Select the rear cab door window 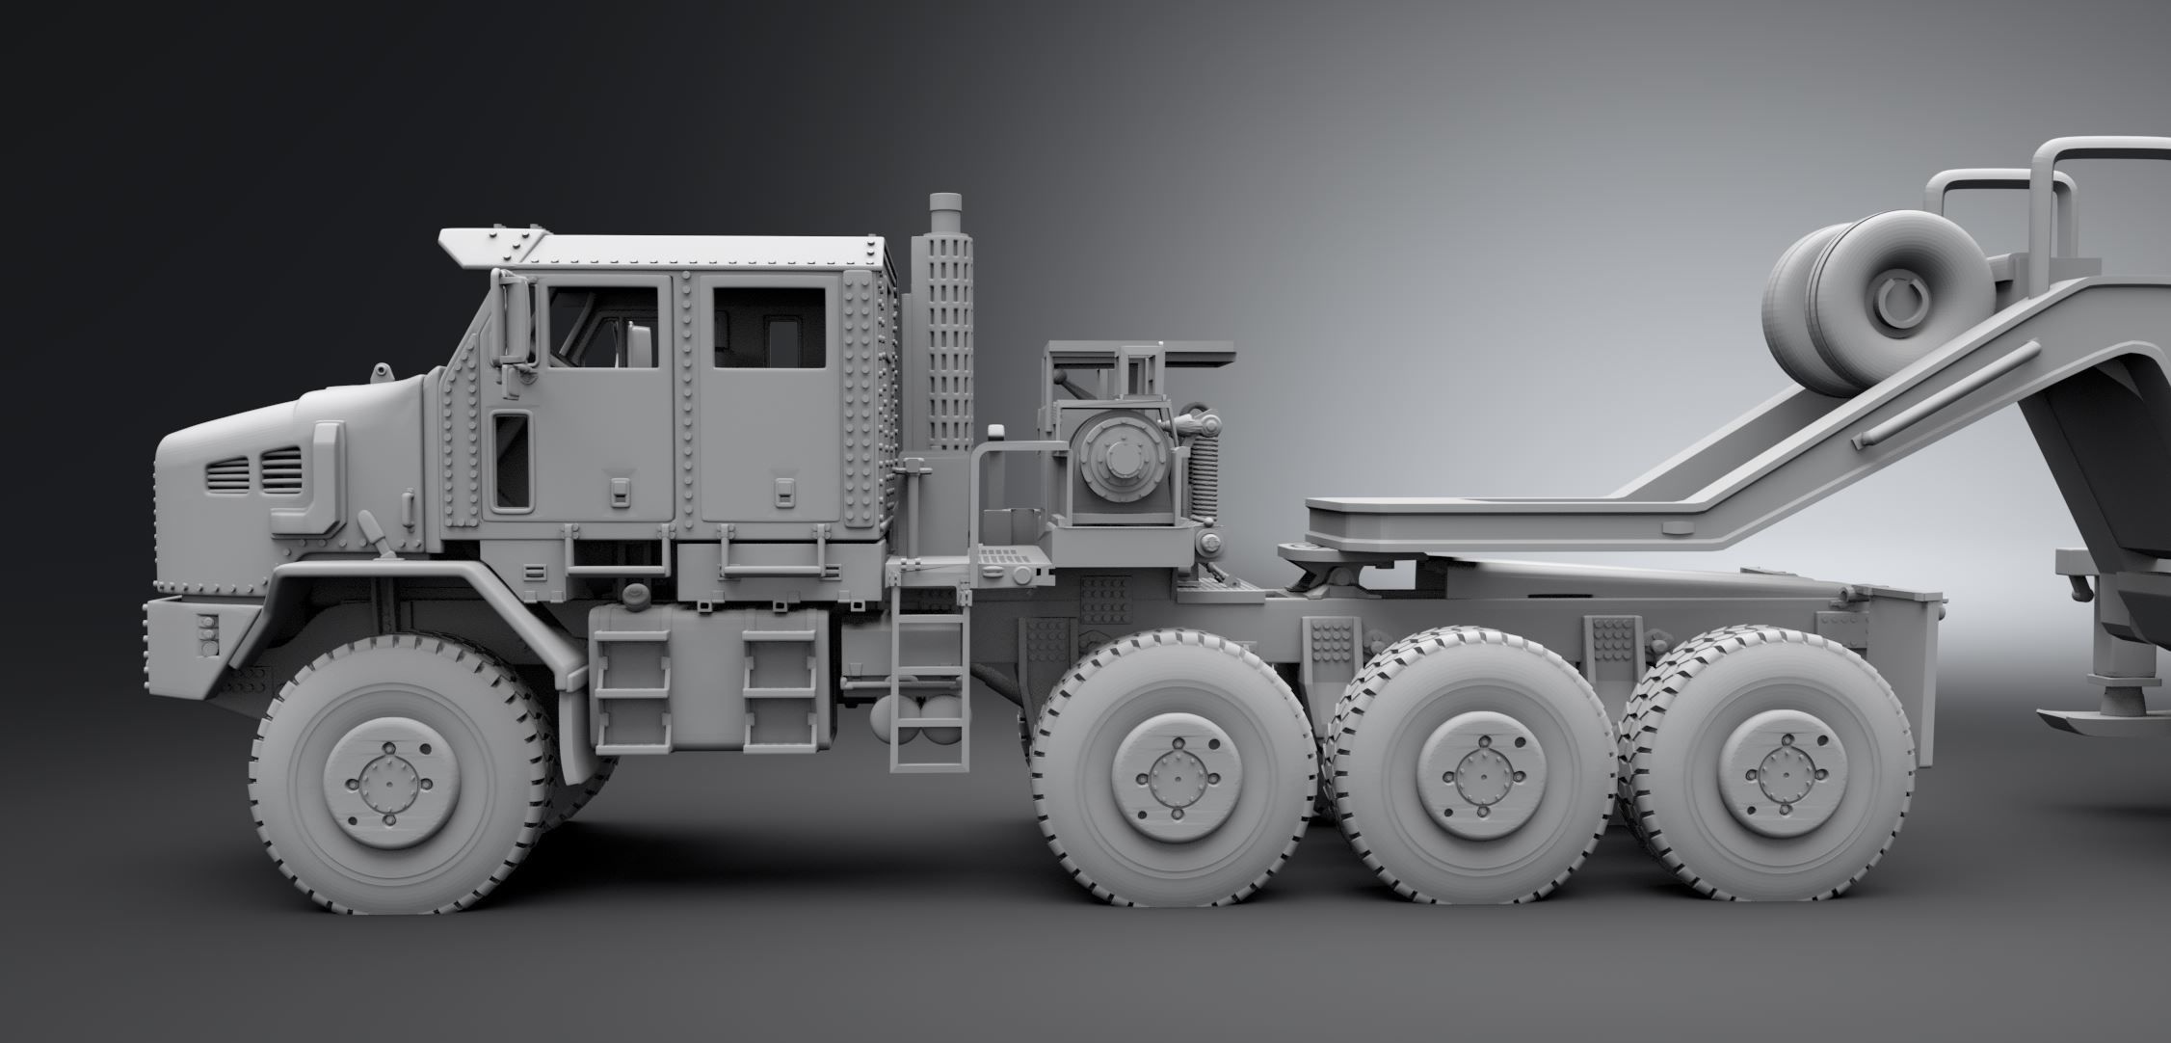click(x=769, y=328)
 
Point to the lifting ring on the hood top click(x=383, y=372)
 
